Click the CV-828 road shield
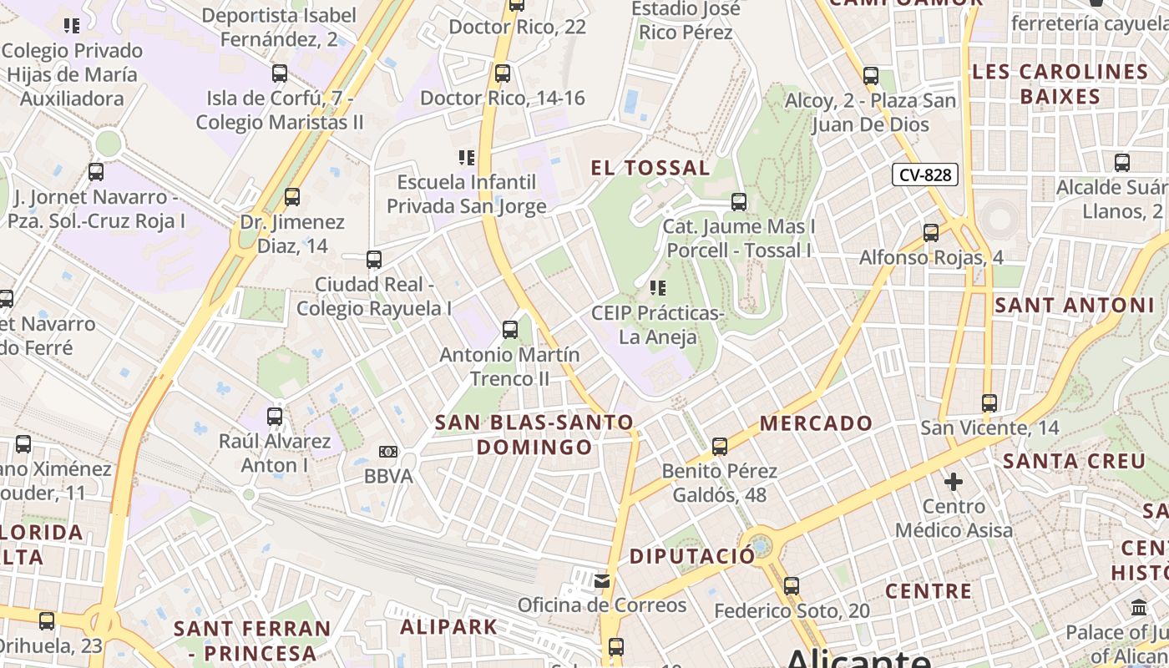[924, 175]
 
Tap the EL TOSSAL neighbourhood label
[650, 168]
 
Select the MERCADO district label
[816, 423]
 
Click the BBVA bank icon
[388, 452]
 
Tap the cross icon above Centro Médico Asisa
[954, 482]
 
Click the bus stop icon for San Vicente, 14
[989, 403]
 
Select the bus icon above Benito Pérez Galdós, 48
[720, 447]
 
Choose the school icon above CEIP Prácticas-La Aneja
[658, 288]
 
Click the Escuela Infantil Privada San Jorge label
[467, 194]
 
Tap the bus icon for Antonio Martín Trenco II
[510, 330]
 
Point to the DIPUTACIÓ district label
[691, 556]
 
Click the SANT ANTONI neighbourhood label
[1074, 306]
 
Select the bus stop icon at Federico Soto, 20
[792, 586]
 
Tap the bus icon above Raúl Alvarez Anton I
[275, 416]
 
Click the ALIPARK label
[448, 626]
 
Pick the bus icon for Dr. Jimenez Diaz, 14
[291, 197]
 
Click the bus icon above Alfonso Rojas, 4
[931, 233]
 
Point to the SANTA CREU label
[1074, 461]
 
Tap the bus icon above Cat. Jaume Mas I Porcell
[739, 201]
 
